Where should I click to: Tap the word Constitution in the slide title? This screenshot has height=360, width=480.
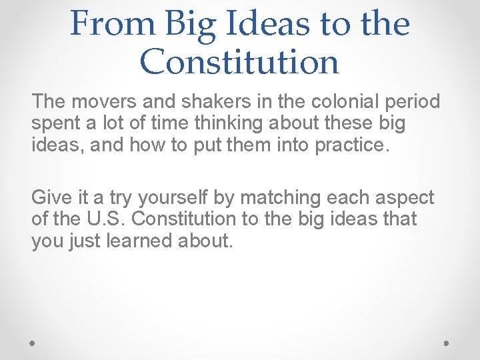coord(239,62)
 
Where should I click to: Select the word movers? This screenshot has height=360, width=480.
coord(92,102)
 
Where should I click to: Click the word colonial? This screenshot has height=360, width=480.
coord(323,102)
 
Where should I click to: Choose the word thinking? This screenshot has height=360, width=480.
coord(227,123)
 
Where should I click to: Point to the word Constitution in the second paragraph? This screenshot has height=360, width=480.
coord(199,219)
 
